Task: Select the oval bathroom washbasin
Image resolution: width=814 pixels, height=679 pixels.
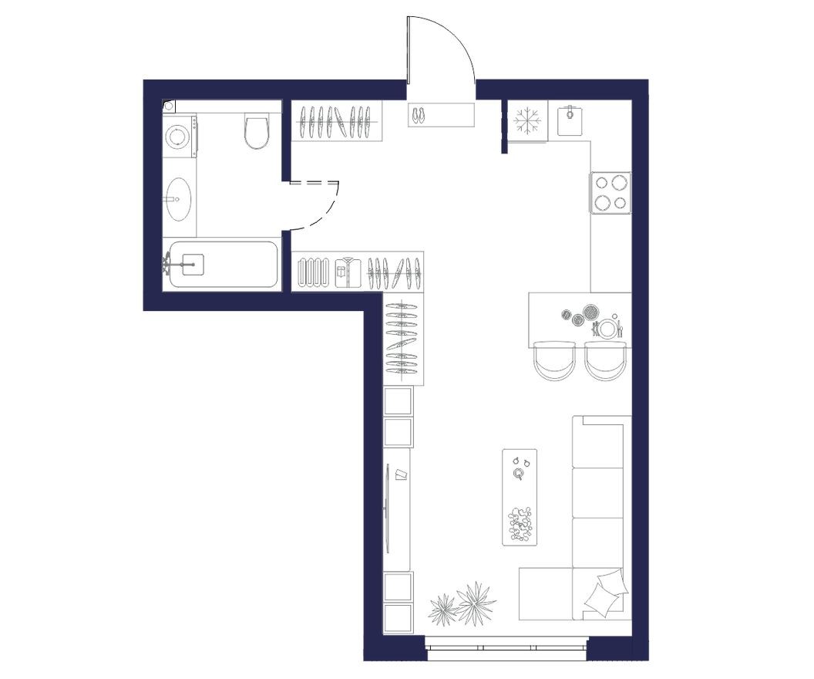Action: click(x=179, y=199)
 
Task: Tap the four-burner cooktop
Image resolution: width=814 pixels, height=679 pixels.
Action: click(x=610, y=192)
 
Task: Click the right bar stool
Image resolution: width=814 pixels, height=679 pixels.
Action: click(x=604, y=361)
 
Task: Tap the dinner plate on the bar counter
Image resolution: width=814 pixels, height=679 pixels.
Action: click(x=608, y=329)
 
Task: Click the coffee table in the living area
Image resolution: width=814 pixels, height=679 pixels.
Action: click(x=520, y=497)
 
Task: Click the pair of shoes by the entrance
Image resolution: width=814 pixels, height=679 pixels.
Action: click(x=418, y=115)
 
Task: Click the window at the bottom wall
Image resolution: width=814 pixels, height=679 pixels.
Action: click(x=506, y=645)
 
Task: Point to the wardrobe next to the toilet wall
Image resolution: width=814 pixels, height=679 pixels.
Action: click(x=337, y=120)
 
